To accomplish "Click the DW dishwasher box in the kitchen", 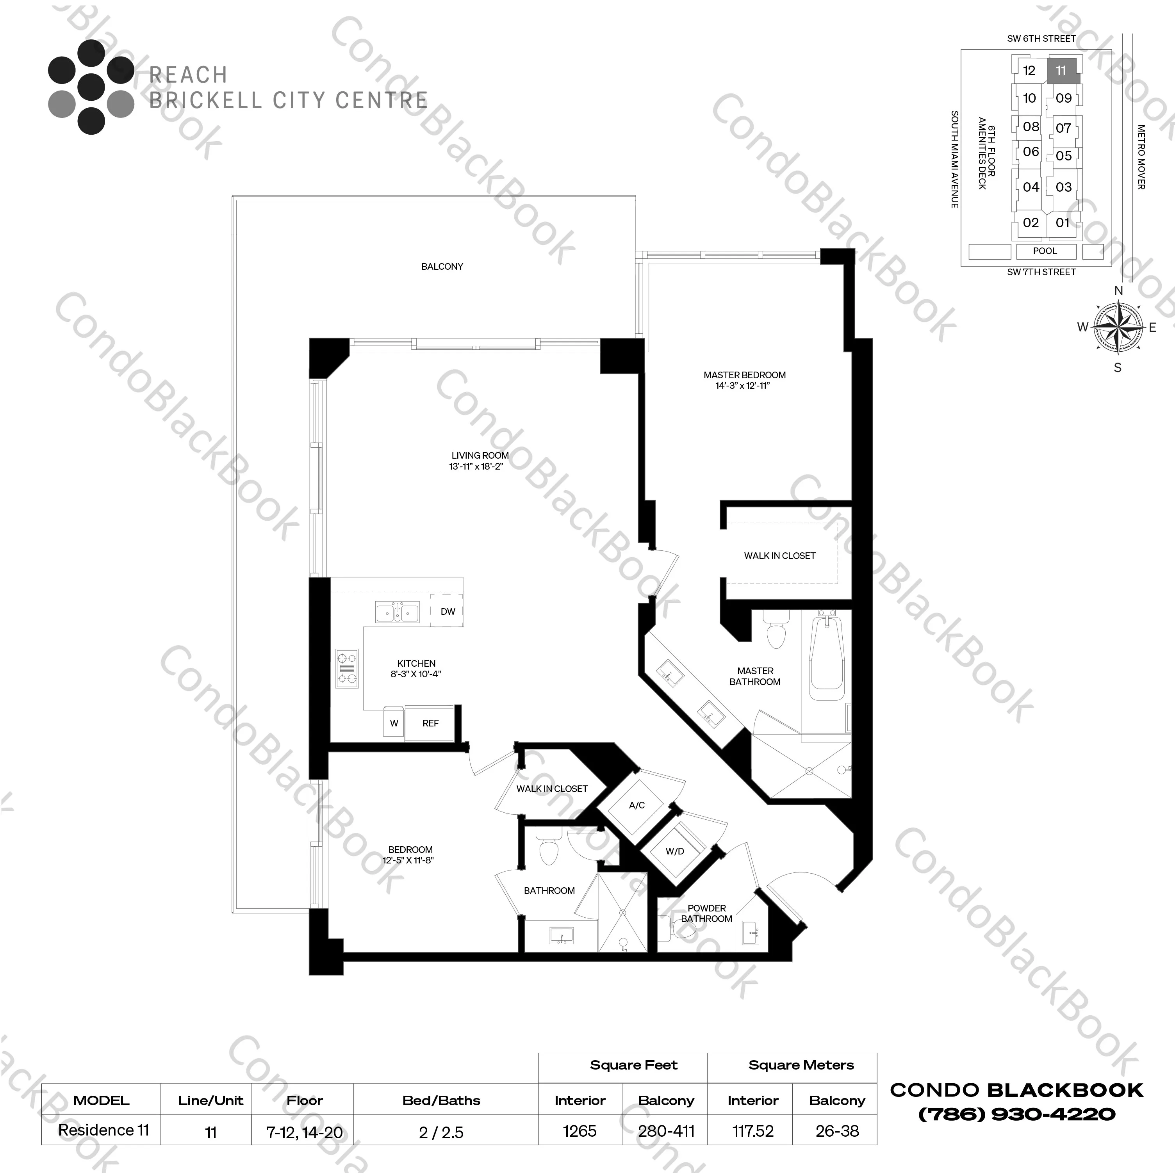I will [448, 611].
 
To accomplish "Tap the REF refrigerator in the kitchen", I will [430, 723].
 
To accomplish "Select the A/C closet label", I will [637, 805].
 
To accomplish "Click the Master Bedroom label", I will [744, 375].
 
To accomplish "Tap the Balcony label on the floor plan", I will [442, 266].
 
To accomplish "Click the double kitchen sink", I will [397, 612].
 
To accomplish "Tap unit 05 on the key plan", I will [1063, 156].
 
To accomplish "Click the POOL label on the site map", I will [1045, 251].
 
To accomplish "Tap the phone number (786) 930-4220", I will [1016, 1114].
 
